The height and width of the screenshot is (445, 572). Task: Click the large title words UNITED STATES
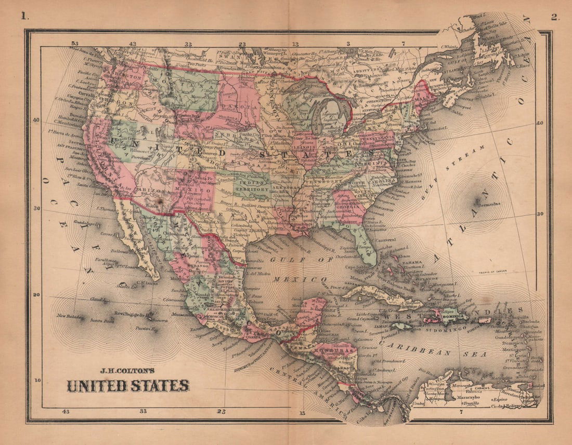[x=127, y=386]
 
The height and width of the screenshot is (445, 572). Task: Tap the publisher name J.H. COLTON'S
[x=128, y=371]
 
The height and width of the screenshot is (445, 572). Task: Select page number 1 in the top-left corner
[x=23, y=16]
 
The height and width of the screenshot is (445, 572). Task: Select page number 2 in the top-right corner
[x=554, y=17]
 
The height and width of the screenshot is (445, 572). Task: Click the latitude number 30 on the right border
[x=540, y=214]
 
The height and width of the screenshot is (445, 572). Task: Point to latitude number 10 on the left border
[x=38, y=380]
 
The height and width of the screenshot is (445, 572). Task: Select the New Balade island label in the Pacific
[x=68, y=316]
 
